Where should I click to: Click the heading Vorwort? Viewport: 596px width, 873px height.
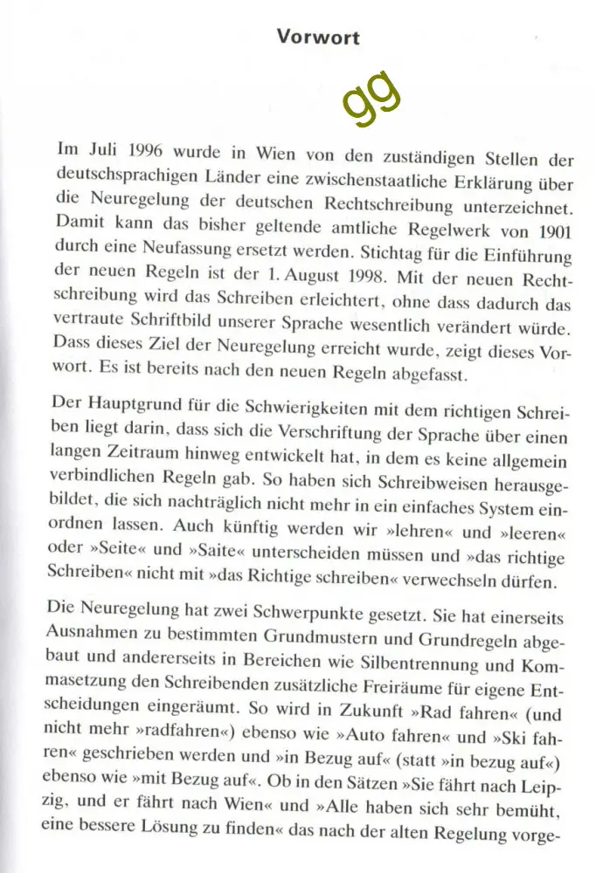(x=317, y=38)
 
